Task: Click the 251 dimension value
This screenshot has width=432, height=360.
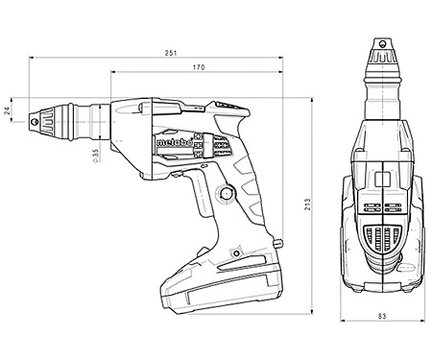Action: tap(171, 53)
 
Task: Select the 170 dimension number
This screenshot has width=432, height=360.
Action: tap(199, 67)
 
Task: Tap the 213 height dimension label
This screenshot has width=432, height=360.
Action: tap(308, 204)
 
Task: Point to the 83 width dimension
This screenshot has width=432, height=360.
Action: tap(382, 316)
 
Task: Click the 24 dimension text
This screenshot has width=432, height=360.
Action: tap(8, 109)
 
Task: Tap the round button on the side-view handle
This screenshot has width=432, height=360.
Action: tap(227, 193)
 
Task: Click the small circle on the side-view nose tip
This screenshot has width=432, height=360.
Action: tap(35, 122)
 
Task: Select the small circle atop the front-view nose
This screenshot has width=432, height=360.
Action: tap(382, 43)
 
